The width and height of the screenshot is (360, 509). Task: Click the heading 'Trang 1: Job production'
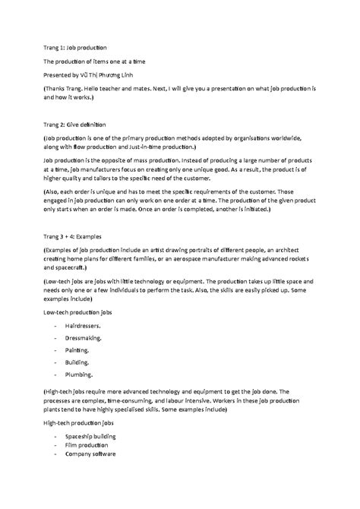tap(74, 47)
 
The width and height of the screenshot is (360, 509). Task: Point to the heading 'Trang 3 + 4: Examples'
tap(79, 236)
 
